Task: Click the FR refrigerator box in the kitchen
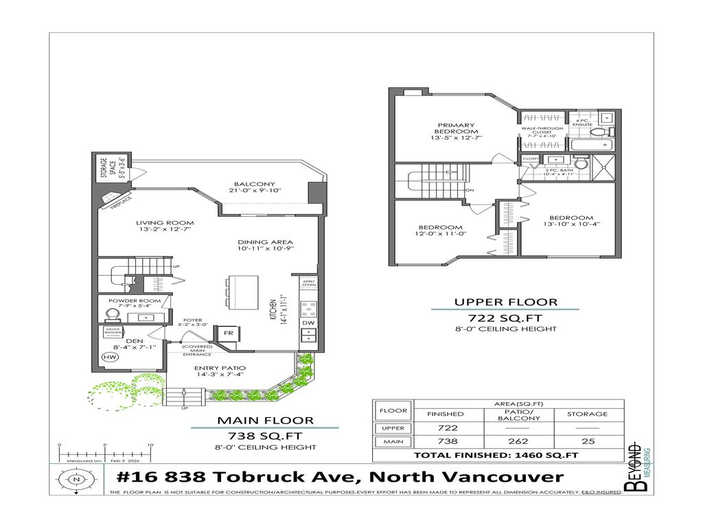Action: coord(227,334)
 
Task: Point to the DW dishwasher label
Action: coord(308,323)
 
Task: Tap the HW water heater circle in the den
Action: coord(109,357)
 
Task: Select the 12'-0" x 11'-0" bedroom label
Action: coord(441,231)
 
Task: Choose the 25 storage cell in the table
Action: coord(587,442)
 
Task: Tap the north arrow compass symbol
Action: coord(77,479)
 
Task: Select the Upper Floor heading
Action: coord(505,301)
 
